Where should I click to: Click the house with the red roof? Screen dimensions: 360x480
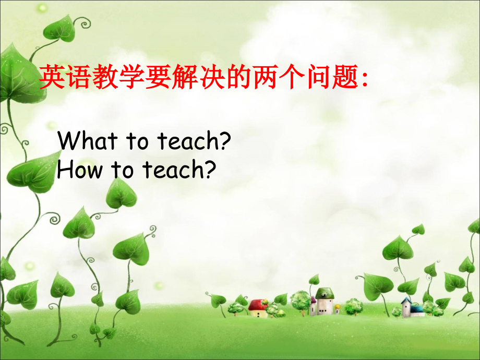tap(258, 308)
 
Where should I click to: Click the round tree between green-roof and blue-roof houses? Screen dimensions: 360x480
tap(354, 305)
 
